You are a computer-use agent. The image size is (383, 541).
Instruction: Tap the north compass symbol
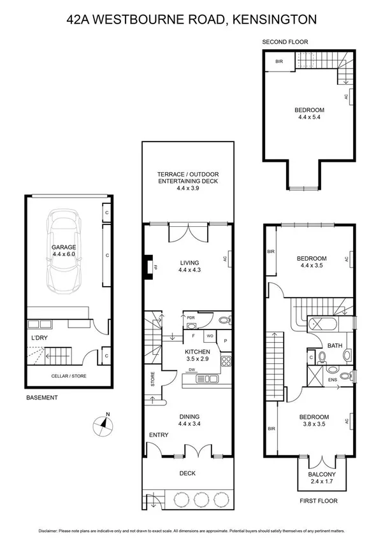pos(102,424)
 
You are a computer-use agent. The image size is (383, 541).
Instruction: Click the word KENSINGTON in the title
pos(277,20)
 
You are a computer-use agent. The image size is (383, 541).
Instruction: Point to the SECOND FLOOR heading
pos(285,42)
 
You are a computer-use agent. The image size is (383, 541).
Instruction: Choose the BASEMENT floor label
pos(42,398)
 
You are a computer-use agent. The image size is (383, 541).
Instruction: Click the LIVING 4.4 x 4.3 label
pos(189,266)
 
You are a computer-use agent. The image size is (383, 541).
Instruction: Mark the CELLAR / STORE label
pos(69,376)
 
